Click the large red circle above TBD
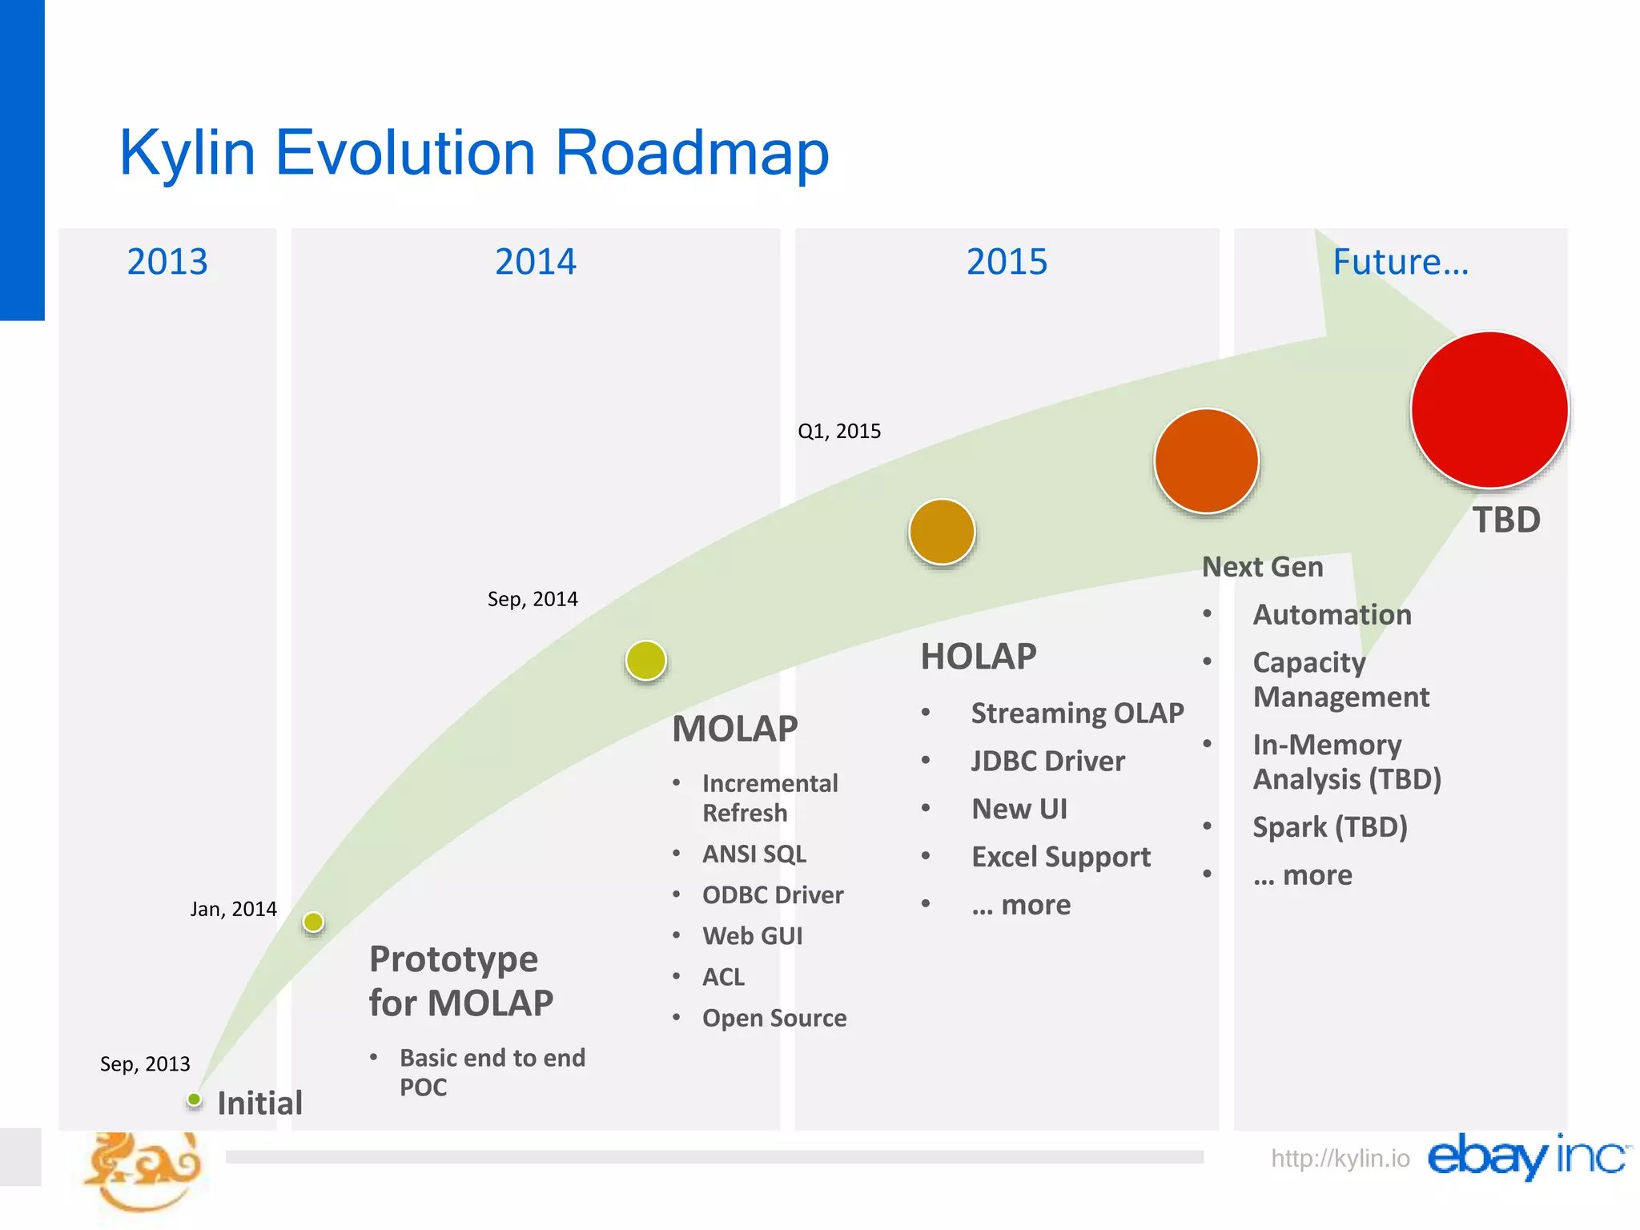pyautogui.click(x=1489, y=409)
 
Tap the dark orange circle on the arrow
pyautogui.click(x=1207, y=460)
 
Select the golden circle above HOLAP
pyautogui.click(x=942, y=532)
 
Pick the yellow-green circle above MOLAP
pyautogui.click(x=646, y=661)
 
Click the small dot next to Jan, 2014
pyautogui.click(x=313, y=922)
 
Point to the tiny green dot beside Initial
pyautogui.click(x=194, y=1099)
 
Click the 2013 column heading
pyautogui.click(x=167, y=262)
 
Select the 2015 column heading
pyautogui.click(x=1007, y=262)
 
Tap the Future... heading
pyautogui.click(x=1401, y=262)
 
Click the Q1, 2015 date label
pyautogui.click(x=839, y=431)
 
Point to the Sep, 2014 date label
pyautogui.click(x=533, y=599)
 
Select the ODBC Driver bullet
pyautogui.click(x=773, y=894)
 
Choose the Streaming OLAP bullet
pyautogui.click(x=1077, y=713)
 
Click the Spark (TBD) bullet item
pyautogui.click(x=1330, y=826)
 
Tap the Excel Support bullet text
pyautogui.click(x=1061, y=857)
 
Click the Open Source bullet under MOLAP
pyautogui.click(x=774, y=1018)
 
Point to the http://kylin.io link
pyautogui.click(x=1340, y=1158)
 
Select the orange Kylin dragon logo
pyautogui.click(x=143, y=1170)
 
